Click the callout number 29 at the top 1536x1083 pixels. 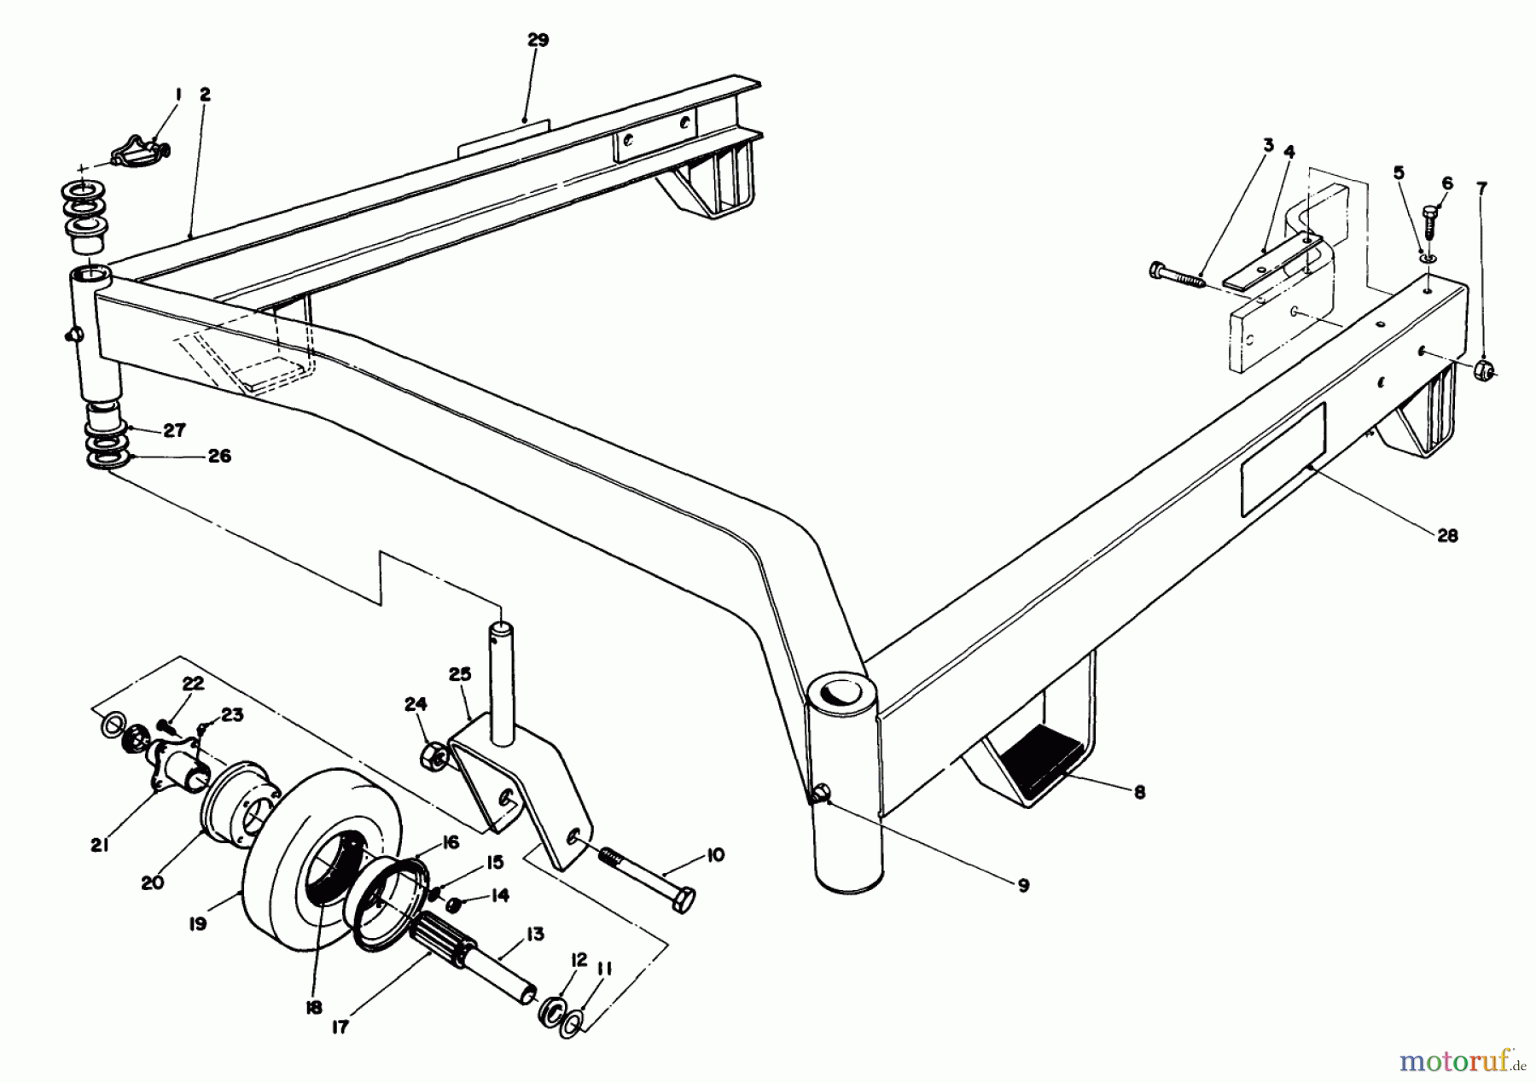pyautogui.click(x=538, y=40)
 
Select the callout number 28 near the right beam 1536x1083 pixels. pyautogui.click(x=1447, y=536)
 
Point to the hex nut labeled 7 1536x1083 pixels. pyautogui.click(x=1484, y=370)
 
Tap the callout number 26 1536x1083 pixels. pyautogui.click(x=219, y=457)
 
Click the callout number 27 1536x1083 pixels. pyautogui.click(x=174, y=430)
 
